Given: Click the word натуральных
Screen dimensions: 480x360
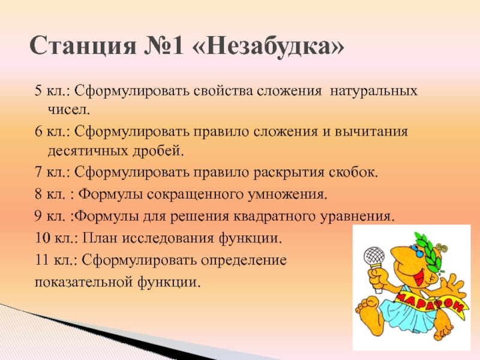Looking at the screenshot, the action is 373,91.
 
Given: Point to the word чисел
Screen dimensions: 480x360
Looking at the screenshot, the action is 69,110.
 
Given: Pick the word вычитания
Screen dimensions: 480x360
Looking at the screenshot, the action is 371,131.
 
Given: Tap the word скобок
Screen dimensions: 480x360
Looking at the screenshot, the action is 354,172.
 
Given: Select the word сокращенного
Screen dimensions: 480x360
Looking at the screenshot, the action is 194,194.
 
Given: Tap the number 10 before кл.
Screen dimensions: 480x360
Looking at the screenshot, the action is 42,238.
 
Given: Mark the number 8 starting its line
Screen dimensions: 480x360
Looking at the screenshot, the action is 38,194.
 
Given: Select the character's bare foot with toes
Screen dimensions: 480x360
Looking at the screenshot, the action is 368,311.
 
